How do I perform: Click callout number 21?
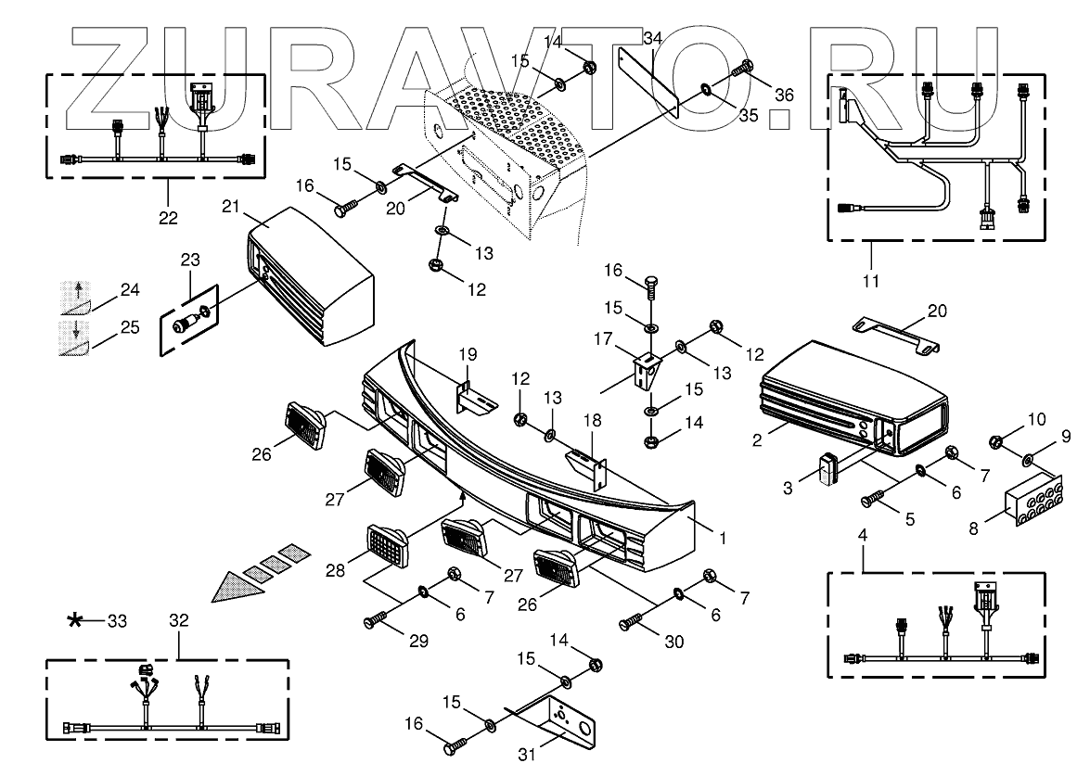pyautogui.click(x=232, y=206)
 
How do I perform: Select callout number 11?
pyautogui.click(x=871, y=278)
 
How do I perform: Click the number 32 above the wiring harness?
pyautogui.click(x=180, y=619)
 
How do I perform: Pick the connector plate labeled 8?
pyautogui.click(x=1033, y=502)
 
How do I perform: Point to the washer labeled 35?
pyautogui.click(x=706, y=90)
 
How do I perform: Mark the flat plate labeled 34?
pyautogui.click(x=649, y=78)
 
